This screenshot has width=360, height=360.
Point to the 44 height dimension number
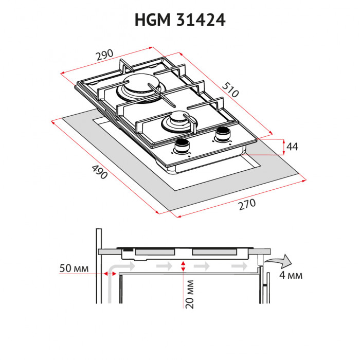tap(292, 147)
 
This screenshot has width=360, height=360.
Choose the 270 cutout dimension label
tap(247, 204)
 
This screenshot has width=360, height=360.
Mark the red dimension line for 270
tap(242, 198)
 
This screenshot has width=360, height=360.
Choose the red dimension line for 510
tap(226, 93)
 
